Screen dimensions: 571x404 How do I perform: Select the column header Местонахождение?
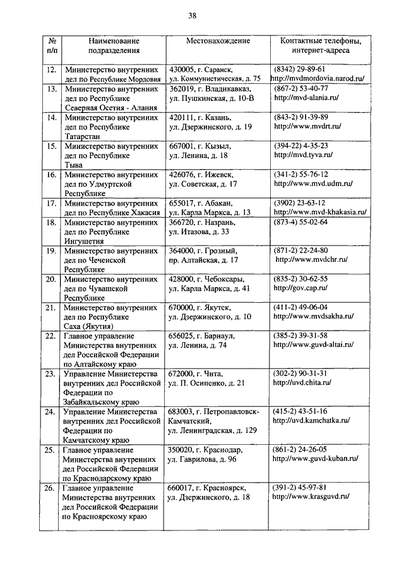tap(218, 41)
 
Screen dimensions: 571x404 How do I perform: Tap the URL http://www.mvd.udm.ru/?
tap(312, 184)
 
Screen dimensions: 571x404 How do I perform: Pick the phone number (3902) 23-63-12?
tap(300, 203)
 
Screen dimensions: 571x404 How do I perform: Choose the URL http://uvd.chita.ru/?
tap(302, 382)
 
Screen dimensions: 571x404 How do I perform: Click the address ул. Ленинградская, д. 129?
tap(212, 430)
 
